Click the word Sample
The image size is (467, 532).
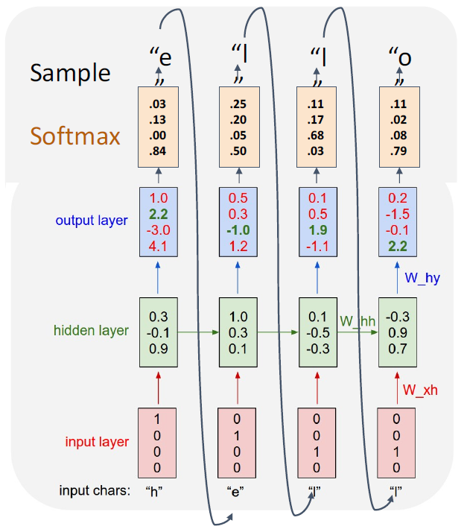click(70, 72)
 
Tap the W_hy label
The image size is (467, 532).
click(422, 277)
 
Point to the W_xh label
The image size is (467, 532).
click(420, 388)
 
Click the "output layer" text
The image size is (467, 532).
click(91, 221)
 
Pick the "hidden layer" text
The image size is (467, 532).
click(91, 331)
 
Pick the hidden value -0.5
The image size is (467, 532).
click(317, 330)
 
